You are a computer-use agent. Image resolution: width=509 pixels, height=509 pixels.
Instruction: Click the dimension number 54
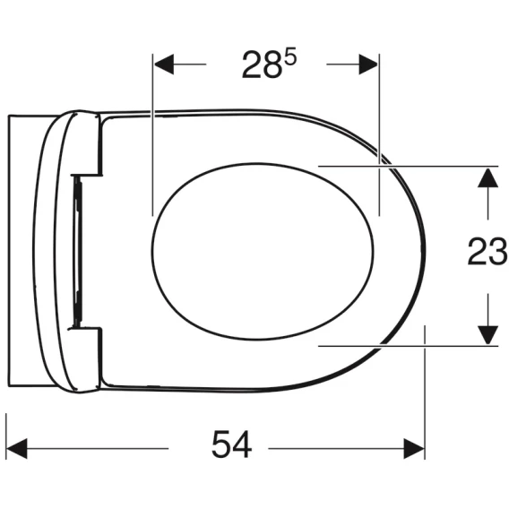tap(231, 444)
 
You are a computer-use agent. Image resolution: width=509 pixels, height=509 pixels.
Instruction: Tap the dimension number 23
tap(487, 251)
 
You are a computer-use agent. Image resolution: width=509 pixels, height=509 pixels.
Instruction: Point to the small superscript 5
tap(290, 59)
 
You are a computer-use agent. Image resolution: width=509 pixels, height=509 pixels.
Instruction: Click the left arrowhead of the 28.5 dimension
tap(164, 65)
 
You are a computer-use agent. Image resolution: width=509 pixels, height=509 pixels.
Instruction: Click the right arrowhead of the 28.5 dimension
tap(368, 65)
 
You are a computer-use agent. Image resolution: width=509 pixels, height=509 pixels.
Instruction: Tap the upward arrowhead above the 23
tap(487, 177)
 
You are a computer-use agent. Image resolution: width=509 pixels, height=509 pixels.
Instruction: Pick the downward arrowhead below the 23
tap(487, 335)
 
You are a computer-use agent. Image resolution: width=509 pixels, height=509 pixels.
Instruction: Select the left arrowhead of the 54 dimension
tap(17, 449)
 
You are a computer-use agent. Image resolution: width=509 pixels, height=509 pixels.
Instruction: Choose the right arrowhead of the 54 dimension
tap(414, 449)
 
